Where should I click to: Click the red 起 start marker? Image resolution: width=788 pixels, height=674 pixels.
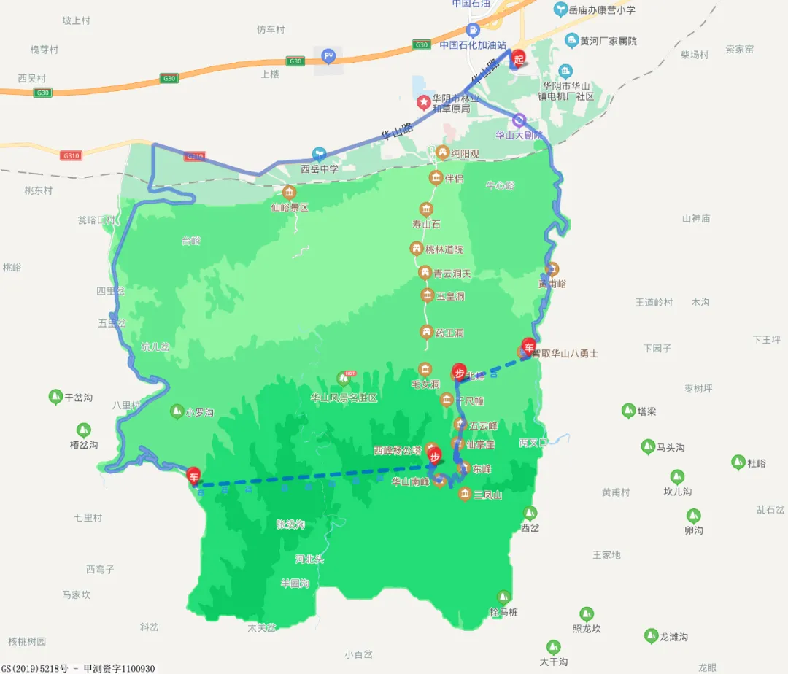coord(519,59)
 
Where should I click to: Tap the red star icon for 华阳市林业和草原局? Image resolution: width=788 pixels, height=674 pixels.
coord(422,102)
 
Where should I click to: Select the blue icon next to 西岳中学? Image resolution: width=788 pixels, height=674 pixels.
coord(319,154)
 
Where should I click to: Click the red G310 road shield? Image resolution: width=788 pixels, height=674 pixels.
coord(195,156)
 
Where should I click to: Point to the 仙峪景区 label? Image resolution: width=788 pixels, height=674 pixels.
coord(290,207)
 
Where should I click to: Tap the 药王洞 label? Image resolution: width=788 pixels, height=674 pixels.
coord(449,333)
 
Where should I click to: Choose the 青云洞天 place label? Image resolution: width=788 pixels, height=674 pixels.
coord(452,274)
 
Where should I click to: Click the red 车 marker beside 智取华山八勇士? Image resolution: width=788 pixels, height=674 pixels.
coord(529,346)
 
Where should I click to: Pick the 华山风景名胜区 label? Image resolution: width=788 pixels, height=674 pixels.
coord(344,398)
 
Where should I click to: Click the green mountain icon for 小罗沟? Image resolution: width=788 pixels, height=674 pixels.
coord(177,411)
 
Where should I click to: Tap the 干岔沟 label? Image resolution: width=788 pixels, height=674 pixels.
coord(79,398)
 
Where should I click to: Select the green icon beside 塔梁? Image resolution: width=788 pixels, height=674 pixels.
coord(628,411)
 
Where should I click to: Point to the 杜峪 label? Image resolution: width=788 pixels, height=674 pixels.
coord(757,462)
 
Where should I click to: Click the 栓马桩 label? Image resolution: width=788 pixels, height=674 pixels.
coord(503,612)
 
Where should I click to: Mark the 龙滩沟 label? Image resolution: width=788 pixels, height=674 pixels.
coord(673,637)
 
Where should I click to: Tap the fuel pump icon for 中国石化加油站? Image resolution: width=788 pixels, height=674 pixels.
coord(473,31)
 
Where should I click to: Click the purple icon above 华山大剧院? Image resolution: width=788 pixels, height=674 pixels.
coord(519,120)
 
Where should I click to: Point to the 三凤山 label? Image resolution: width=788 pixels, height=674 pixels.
coord(487,495)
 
